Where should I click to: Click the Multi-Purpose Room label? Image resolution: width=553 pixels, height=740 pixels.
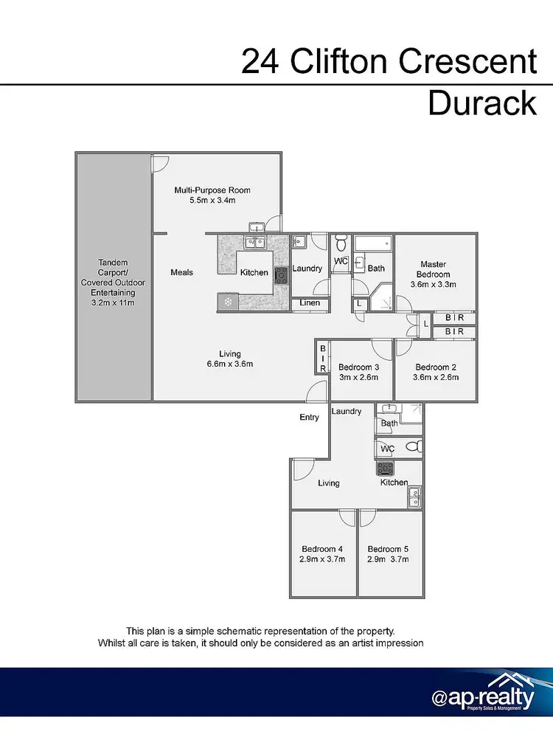pos(212,190)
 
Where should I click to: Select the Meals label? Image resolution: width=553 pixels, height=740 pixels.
pos(182,272)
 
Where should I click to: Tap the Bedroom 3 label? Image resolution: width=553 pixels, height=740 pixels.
pos(358,367)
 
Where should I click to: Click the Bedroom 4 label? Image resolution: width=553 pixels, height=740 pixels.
pos(321,549)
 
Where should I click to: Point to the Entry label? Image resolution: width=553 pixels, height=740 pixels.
pos(309,418)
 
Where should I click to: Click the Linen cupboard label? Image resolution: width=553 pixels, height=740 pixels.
pos(310,303)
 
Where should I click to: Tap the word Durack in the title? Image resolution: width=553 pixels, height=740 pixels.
pos(482,103)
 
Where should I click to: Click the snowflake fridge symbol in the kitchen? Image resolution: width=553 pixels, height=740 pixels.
pos(227,302)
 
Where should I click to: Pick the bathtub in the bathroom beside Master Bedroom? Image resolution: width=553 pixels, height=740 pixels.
pos(374,243)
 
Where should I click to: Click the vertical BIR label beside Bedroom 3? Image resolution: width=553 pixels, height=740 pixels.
pos(322,357)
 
